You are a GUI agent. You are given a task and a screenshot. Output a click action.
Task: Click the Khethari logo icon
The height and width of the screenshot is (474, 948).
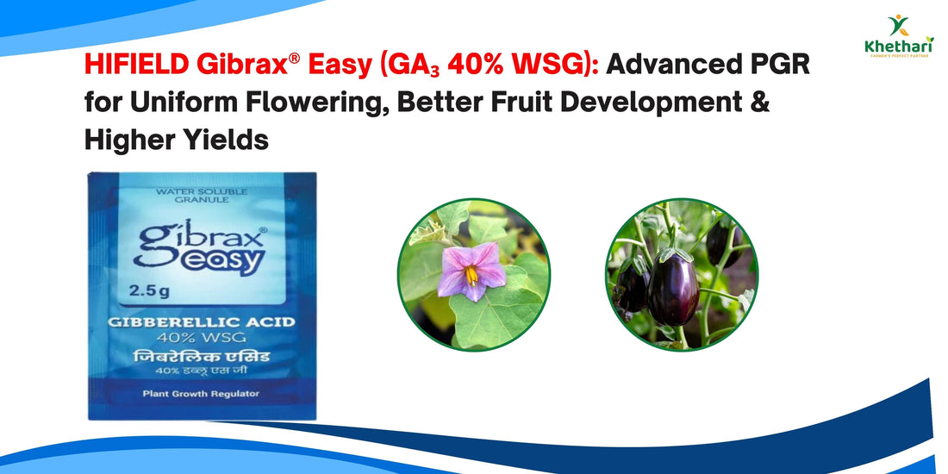pyautogui.click(x=898, y=26)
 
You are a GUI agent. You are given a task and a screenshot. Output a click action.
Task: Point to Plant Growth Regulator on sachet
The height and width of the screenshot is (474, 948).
pyautogui.click(x=202, y=394)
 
